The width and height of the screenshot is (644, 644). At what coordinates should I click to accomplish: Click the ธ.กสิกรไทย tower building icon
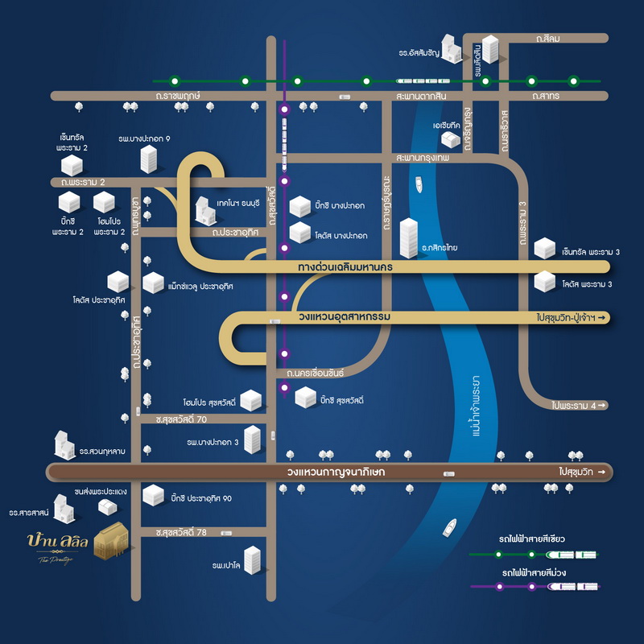pos(410,238)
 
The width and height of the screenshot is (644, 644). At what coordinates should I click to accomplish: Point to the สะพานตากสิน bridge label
pos(421,96)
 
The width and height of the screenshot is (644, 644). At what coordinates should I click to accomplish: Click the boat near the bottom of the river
pos(449,529)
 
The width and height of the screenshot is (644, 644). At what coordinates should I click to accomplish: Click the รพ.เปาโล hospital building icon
pos(253,560)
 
